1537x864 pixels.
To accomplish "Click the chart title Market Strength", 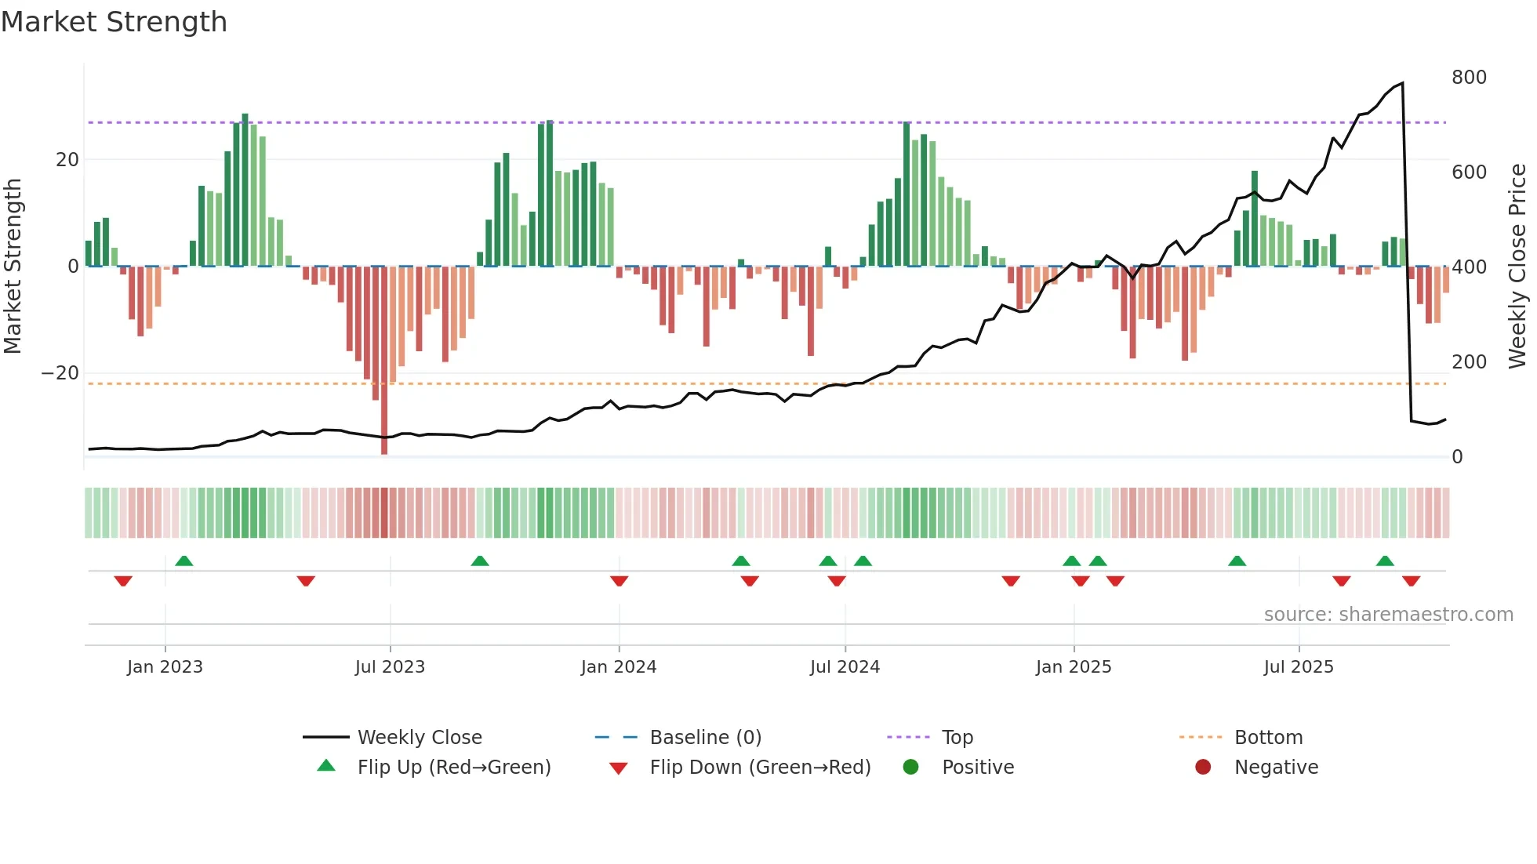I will pos(114,22).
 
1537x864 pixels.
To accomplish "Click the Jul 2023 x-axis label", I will pos(390,667).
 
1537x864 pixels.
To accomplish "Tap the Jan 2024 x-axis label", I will pos(619,667).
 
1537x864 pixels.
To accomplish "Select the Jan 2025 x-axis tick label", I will pos(1074,667).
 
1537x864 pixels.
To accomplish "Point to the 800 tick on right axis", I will pos(1469,78).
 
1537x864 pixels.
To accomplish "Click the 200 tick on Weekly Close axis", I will pos(1469,362).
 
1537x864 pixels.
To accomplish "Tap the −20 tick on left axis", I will pos(60,373).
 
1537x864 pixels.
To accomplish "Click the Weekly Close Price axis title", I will pos(1517,267).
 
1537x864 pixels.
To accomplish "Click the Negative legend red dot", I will pos(1203,768).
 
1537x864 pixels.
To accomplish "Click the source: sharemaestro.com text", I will pos(1388,615).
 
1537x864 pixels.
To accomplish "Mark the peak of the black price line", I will pos(1402,82).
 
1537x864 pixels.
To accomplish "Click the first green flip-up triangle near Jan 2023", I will pos(184,561).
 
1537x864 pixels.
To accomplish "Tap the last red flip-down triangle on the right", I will pos(1412,581).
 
